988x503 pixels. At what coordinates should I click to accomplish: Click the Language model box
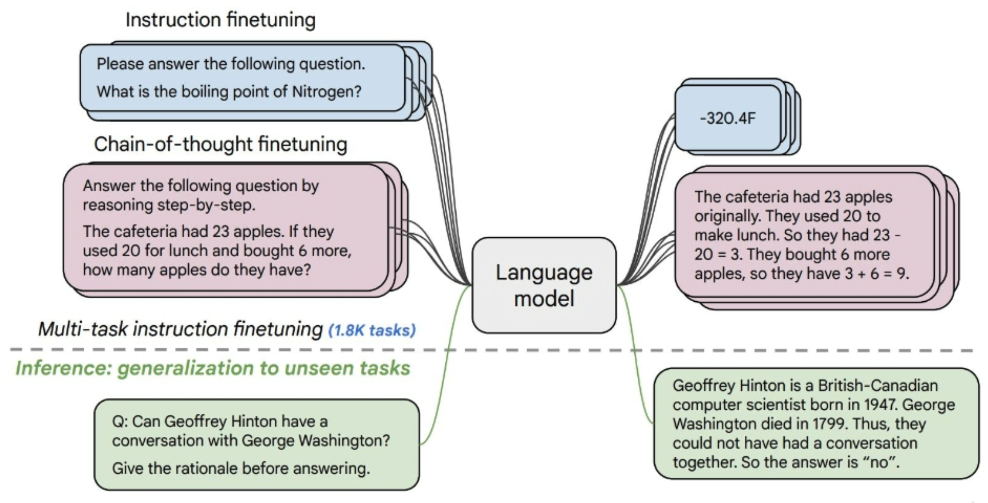pos(544,285)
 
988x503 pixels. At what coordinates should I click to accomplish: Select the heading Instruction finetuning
pos(221,20)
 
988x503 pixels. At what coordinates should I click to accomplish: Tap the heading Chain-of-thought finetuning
pos(221,144)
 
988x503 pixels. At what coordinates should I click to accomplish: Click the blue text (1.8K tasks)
pos(372,331)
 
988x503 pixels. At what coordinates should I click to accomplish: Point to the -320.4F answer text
pos(728,118)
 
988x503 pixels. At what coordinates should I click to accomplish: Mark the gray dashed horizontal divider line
pos(492,350)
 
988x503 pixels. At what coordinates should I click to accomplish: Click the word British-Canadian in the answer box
pos(878,386)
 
